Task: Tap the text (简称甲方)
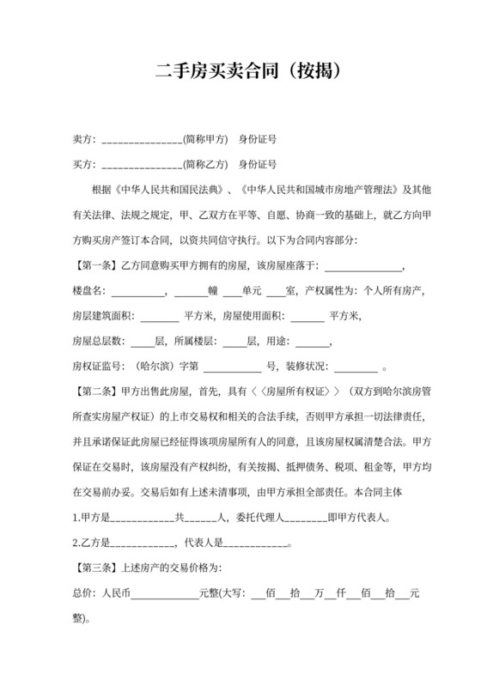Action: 206,139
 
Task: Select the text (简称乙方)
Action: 206,163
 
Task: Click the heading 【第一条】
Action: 94,265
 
